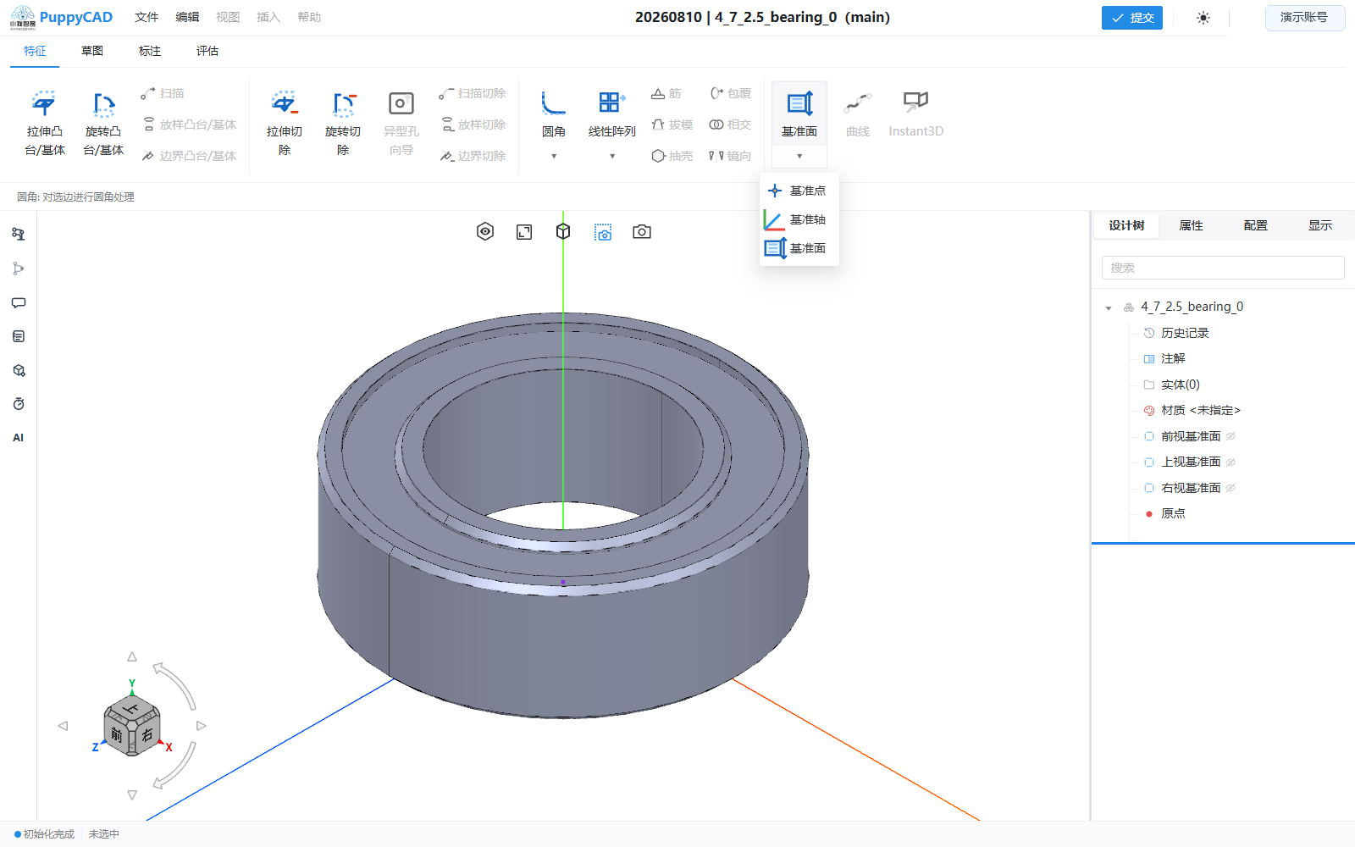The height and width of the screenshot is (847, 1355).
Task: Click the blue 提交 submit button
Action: point(1131,18)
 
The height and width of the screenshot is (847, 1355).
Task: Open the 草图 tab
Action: point(92,51)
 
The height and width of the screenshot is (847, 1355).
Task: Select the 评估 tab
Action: point(207,51)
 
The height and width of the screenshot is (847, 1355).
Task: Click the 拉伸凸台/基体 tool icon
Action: point(44,103)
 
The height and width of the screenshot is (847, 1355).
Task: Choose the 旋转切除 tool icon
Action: point(343,103)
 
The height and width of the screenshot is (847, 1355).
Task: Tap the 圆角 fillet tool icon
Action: point(553,103)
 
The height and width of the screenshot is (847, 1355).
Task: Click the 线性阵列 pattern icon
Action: point(611,102)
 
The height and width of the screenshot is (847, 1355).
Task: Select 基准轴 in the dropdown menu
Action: point(795,219)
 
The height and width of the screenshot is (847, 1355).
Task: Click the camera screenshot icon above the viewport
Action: point(642,232)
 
